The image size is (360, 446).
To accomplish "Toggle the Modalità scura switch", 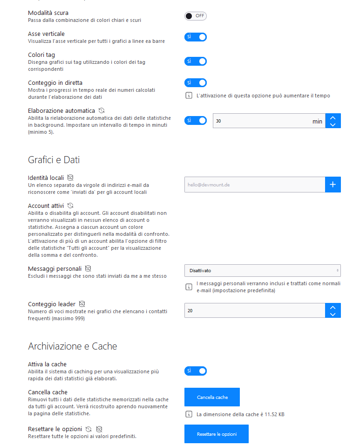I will [195, 16].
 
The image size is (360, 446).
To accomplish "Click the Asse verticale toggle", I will [195, 37].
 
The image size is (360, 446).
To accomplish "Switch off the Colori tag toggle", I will [195, 61].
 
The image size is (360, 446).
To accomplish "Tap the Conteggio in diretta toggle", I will [195, 82].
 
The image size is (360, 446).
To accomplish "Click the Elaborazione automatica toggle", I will [195, 121].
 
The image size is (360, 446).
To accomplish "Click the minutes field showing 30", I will [261, 121].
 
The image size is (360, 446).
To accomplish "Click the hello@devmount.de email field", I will [254, 185].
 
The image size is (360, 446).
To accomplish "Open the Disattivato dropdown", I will [262, 270].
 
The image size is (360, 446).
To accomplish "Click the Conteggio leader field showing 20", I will [254, 310].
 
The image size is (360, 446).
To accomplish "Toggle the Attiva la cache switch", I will [195, 371].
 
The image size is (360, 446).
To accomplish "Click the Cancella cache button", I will [212, 397].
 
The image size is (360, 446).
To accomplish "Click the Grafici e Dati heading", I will [54, 160].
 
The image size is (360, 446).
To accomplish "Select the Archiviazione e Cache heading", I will [72, 346].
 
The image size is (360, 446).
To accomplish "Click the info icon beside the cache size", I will [189, 414].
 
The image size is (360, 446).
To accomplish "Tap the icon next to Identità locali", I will [70, 178].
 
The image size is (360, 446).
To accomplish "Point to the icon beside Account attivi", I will [70, 205].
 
